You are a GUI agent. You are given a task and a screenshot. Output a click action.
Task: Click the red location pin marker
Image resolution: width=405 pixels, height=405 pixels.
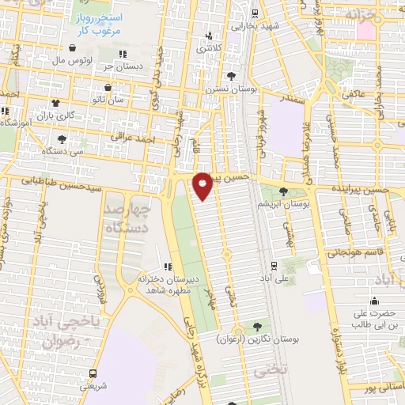202,186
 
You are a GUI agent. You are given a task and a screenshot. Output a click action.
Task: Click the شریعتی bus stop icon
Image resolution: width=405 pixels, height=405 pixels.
94,373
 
